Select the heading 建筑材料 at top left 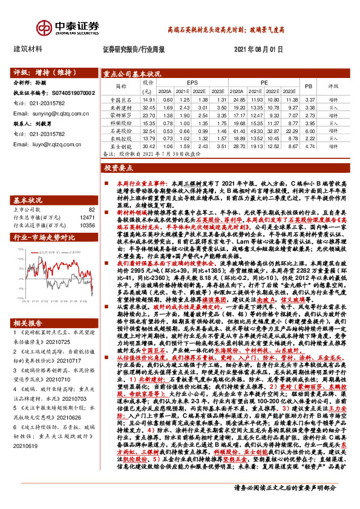(28, 49)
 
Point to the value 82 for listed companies (92, 209)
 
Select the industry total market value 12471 (87, 217)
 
